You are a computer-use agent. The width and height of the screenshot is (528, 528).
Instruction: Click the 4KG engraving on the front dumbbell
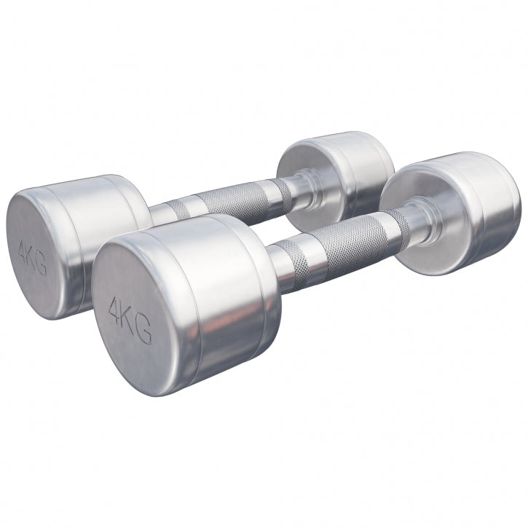click(x=130, y=320)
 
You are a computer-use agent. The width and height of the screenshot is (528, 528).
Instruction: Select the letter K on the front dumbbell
click(x=129, y=319)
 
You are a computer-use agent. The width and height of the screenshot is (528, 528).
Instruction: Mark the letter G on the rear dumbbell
click(x=42, y=267)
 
